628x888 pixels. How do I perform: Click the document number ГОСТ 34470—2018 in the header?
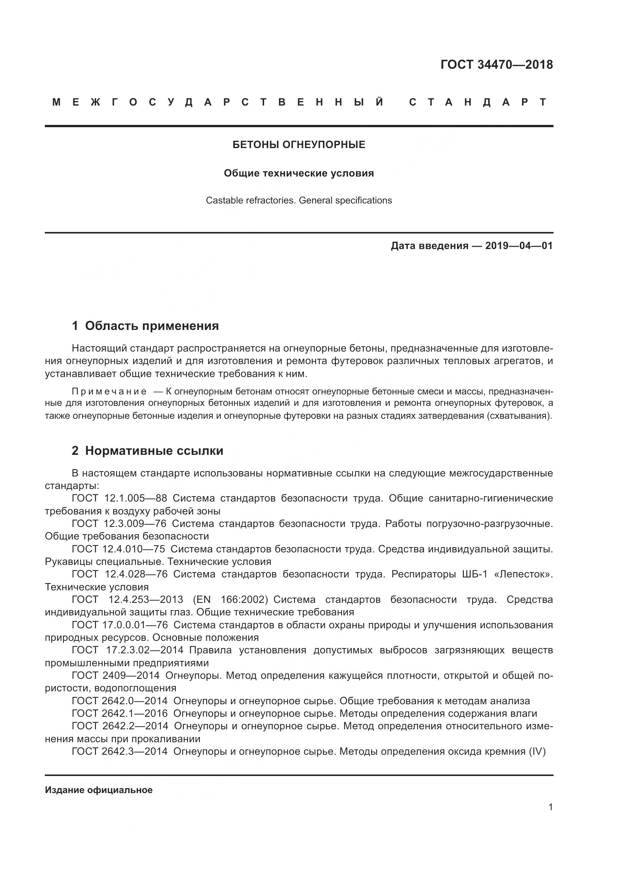pyautogui.click(x=497, y=65)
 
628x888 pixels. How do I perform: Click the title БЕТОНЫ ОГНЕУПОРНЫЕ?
pyautogui.click(x=299, y=145)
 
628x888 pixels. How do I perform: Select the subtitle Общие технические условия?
pyautogui.click(x=299, y=173)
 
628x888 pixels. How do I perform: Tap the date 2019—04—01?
pyautogui.click(x=519, y=246)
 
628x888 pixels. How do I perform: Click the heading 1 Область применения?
pyautogui.click(x=145, y=326)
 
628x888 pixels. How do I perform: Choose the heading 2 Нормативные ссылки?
pyautogui.click(x=147, y=451)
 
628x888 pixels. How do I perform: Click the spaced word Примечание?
pyautogui.click(x=109, y=391)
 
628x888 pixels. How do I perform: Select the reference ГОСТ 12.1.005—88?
pyautogui.click(x=120, y=498)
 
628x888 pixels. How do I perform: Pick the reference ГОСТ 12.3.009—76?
pyautogui.click(x=119, y=524)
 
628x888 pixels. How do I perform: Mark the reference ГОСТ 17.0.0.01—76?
pyautogui.click(x=120, y=625)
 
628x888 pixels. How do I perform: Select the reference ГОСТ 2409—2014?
pyautogui.click(x=116, y=676)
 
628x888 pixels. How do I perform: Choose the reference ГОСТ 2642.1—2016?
pyautogui.click(x=120, y=714)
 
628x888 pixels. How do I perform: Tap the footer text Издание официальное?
pyautogui.click(x=99, y=790)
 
